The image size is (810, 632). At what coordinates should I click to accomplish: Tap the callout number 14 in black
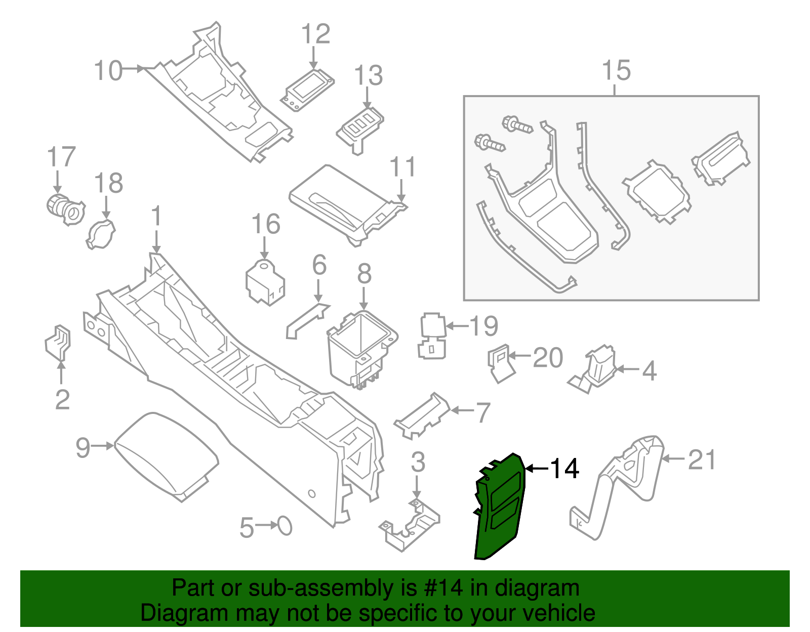pos(564,469)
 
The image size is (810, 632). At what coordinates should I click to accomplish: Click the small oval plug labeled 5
pos(285,526)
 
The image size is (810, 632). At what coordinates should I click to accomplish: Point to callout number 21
pos(702,460)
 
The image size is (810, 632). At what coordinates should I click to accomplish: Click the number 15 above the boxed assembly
pos(616,70)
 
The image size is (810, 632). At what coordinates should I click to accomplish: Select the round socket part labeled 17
pos(65,209)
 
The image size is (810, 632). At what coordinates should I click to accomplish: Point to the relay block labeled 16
pos(265,282)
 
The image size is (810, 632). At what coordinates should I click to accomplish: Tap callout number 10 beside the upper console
pos(108,70)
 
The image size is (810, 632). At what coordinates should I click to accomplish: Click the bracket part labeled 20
pos(500,363)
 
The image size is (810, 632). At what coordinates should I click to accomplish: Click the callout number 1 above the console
pos(156,216)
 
